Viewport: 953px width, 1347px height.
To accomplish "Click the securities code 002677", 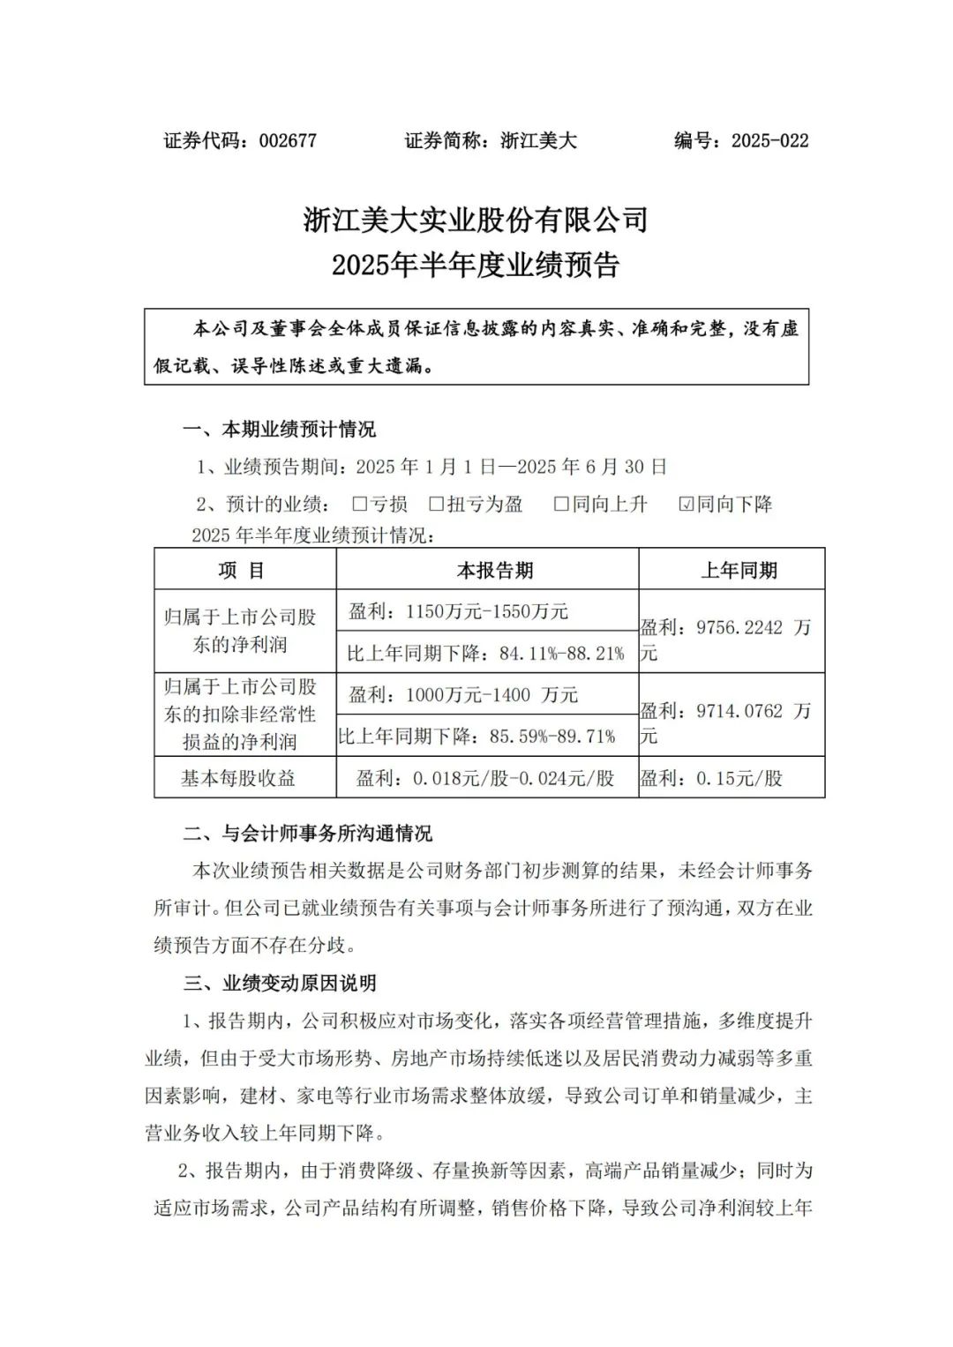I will [287, 140].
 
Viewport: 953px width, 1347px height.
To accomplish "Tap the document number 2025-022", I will [769, 140].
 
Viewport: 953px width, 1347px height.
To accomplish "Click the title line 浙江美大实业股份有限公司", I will [476, 220].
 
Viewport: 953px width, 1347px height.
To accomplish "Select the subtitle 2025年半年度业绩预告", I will [476, 265].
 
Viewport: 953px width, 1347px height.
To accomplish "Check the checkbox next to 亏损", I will [359, 504].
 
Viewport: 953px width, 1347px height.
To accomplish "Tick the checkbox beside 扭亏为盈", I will [436, 504].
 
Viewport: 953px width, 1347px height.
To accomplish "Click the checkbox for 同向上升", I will [561, 504].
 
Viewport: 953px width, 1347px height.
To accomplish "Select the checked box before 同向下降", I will [687, 504].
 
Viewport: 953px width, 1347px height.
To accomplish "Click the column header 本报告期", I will [494, 571].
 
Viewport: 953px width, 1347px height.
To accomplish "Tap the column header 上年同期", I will [739, 571].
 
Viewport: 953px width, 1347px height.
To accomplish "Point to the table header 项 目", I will [242, 571].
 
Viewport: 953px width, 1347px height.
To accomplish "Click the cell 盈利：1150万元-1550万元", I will [458, 611].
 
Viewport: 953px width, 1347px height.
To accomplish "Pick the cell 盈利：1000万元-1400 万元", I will [463, 695].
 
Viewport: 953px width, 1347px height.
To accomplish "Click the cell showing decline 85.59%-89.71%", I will [477, 736].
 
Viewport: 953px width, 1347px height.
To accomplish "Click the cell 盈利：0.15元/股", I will [711, 778].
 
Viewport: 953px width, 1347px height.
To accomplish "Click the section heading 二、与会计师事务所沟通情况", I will [308, 833].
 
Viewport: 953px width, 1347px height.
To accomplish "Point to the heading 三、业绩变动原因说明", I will [280, 983].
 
